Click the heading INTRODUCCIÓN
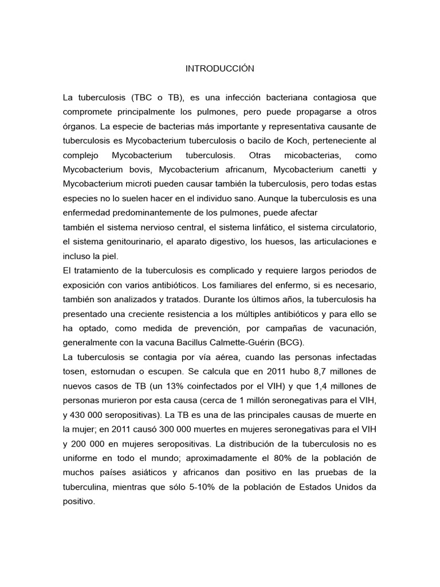pyautogui.click(x=219, y=69)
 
